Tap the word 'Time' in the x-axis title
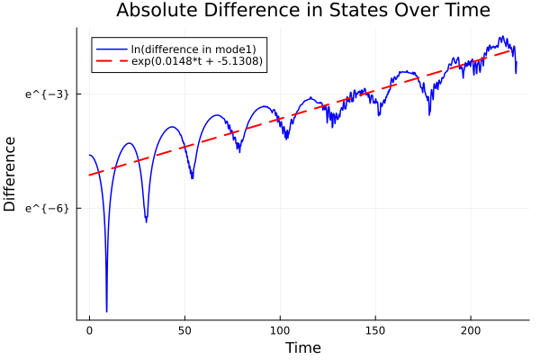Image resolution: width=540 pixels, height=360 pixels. click(302, 347)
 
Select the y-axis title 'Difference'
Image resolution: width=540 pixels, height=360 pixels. click(10, 174)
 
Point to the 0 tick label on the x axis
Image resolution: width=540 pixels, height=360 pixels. click(89, 332)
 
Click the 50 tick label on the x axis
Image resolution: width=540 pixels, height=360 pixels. click(184, 332)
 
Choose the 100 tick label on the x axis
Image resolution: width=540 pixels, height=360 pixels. click(280, 332)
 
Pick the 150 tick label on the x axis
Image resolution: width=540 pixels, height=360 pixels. click(375, 332)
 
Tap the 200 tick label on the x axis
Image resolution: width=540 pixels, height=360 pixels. click(471, 332)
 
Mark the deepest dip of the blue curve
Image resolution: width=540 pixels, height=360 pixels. click(106, 311)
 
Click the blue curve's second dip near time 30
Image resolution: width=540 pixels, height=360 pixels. click(146, 220)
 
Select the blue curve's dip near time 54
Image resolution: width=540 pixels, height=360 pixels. click(192, 178)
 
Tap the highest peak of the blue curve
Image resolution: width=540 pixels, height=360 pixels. click(502, 38)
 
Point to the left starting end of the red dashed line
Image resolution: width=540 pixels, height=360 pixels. click(89, 175)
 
